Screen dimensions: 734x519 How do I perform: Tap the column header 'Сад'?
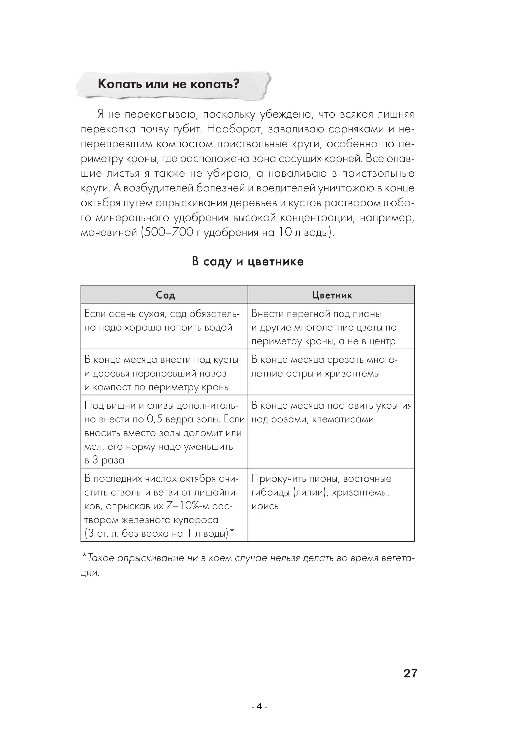tap(165, 295)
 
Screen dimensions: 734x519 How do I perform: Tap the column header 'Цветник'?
tap(332, 295)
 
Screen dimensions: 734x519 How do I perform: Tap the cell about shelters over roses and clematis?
tap(331, 412)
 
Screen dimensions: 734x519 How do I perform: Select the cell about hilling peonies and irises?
tap(321, 492)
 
